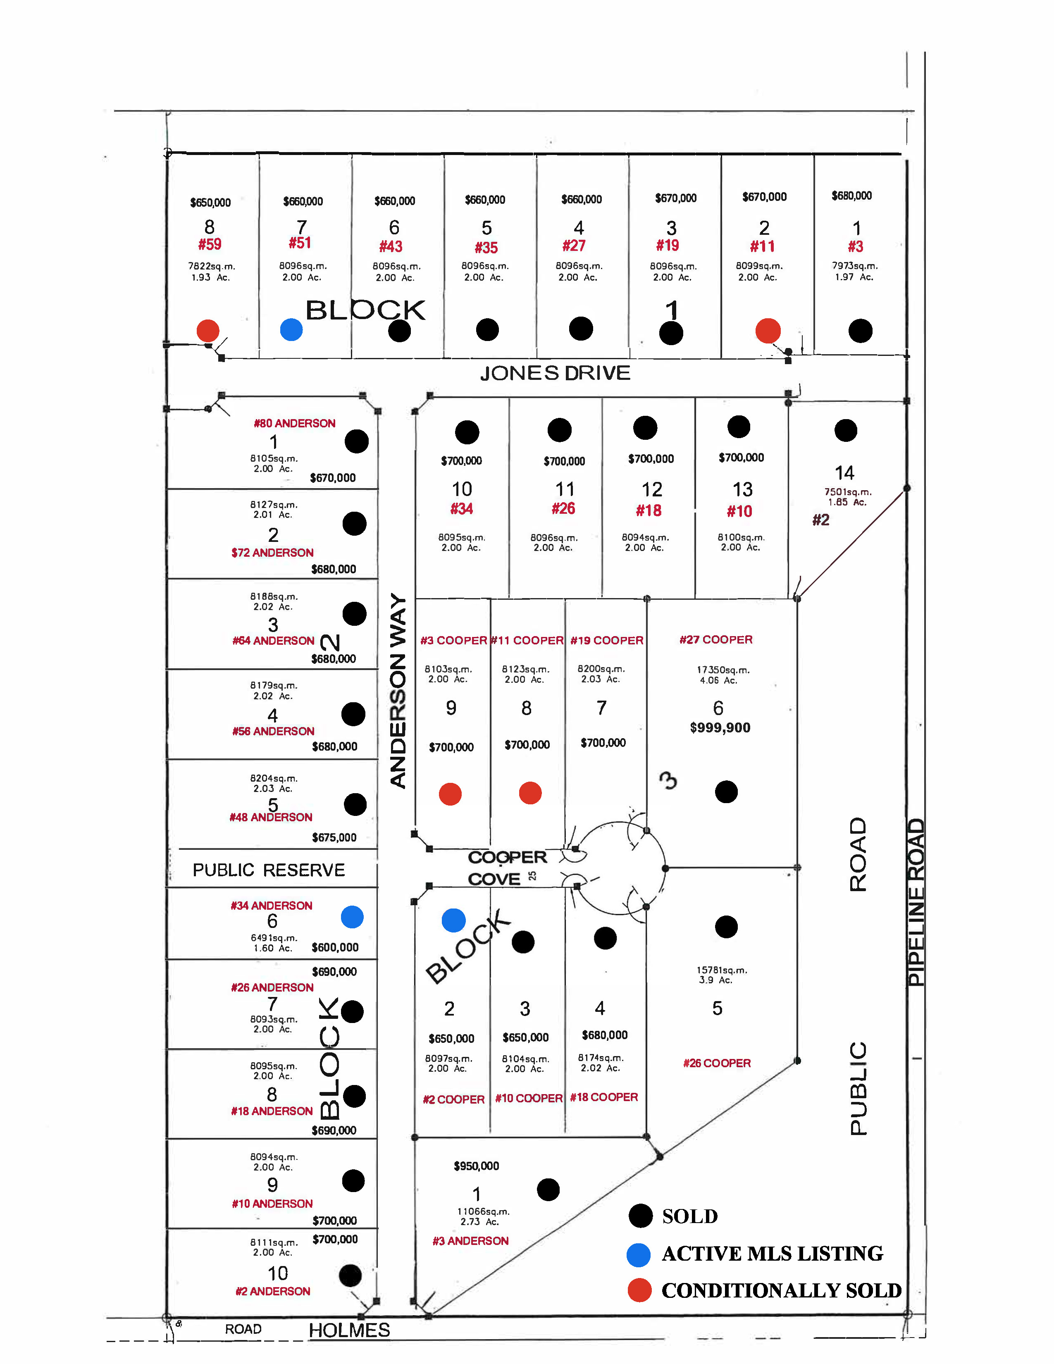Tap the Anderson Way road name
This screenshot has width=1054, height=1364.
pyautogui.click(x=398, y=690)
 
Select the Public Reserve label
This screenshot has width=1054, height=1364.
pyautogui.click(x=269, y=870)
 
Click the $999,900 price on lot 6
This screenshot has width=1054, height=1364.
pyautogui.click(x=720, y=727)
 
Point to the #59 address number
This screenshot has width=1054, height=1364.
pyautogui.click(x=210, y=244)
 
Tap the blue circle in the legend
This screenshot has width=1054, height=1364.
pyautogui.click(x=639, y=1255)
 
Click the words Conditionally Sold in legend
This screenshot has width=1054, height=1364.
pyautogui.click(x=781, y=1290)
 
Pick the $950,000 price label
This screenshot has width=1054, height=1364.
pyautogui.click(x=477, y=1166)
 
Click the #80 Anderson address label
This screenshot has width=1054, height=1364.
pyautogui.click(x=295, y=423)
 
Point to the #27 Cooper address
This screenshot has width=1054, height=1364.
pyautogui.click(x=716, y=639)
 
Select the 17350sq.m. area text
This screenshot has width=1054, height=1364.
pyautogui.click(x=723, y=670)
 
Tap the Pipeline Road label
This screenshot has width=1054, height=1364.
pyautogui.click(x=916, y=902)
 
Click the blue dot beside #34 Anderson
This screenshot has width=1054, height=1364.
pyautogui.click(x=352, y=917)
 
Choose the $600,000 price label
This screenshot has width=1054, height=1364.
pyautogui.click(x=335, y=947)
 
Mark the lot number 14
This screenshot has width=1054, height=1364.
pyautogui.click(x=844, y=473)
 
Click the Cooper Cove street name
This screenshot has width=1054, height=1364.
pyautogui.click(x=507, y=868)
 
